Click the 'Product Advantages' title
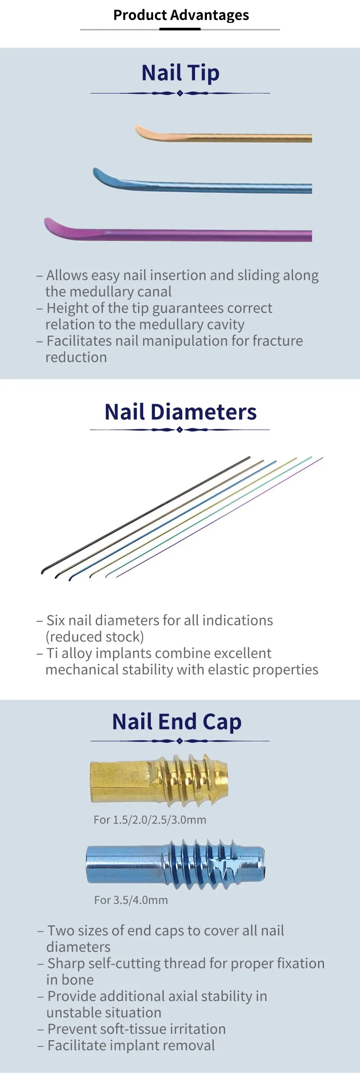tap(181, 15)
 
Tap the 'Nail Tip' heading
tap(180, 73)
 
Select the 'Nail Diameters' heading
tap(180, 412)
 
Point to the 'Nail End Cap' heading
tap(177, 722)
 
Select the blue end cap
tap(175, 864)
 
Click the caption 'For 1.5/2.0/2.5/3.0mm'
tap(150, 820)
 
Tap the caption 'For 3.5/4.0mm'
tap(131, 900)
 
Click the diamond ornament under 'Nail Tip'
tap(180, 93)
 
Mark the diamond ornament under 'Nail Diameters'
tap(180, 430)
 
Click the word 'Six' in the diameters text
tap(56, 620)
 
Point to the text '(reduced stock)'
tap(95, 637)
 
